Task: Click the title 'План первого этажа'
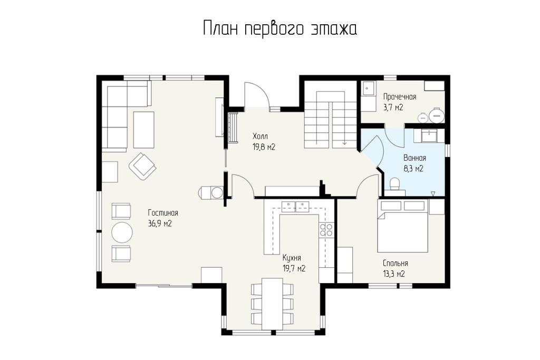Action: pos(279,29)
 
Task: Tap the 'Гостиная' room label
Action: pos(163,213)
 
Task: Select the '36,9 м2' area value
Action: pos(160,223)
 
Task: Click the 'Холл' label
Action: pos(260,136)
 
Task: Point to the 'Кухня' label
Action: pos(292,258)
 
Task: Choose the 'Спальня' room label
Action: pos(396,264)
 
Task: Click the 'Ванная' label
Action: pos(414,158)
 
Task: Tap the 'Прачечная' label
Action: pos(400,96)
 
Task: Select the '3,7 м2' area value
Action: pos(393,108)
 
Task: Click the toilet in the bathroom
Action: pos(394,184)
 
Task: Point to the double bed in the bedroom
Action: pos(403,227)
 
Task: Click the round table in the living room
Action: pos(122,232)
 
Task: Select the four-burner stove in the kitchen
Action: pos(326,230)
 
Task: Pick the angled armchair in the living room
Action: pos(142,167)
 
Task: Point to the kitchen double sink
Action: pos(295,206)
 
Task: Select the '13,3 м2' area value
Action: pos(393,274)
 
